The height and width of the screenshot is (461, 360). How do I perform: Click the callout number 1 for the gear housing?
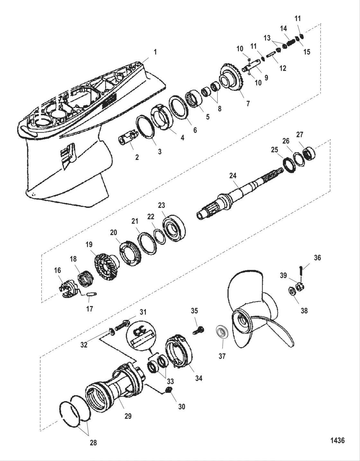(155, 52)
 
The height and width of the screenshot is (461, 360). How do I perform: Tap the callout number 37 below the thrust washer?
(222, 356)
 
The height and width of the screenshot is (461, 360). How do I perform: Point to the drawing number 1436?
(337, 440)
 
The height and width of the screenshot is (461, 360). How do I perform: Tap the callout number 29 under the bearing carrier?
(128, 416)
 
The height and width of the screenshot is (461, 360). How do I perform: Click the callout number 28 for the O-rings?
(93, 443)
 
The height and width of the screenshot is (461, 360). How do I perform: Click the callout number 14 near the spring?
(283, 29)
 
